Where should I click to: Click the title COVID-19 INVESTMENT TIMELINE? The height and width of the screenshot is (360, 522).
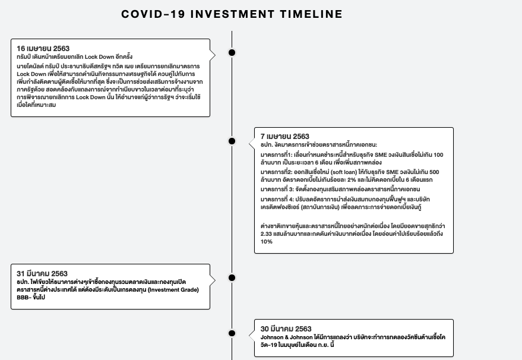pos(232,14)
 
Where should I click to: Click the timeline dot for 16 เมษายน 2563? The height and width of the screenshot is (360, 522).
pos(232,52)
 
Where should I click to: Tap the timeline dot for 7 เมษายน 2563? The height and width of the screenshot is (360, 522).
pos(232,141)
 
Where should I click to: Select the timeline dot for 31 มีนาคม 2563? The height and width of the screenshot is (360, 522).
pos(232,277)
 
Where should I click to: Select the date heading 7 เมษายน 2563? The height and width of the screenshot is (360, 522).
pos(285,137)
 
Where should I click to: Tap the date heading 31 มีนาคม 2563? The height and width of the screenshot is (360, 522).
pos(42,273)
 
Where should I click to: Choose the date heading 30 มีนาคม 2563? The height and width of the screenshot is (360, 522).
pos(286,329)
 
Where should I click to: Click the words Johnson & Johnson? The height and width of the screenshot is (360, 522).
pos(289,337)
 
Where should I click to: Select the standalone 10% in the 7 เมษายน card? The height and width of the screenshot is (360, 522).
pos(267,242)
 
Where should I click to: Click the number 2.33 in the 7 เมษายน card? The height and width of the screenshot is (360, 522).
pos(267,234)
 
